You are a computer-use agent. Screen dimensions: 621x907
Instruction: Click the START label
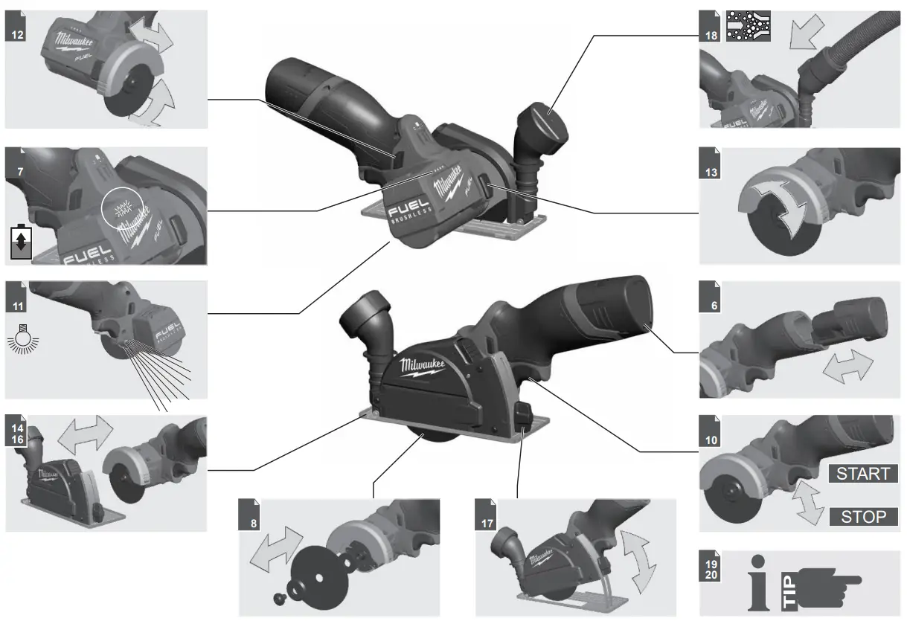[x=862, y=473]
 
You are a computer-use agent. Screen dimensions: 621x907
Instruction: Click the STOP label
[x=863, y=516]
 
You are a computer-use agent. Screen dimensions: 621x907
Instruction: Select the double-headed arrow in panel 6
[x=847, y=367]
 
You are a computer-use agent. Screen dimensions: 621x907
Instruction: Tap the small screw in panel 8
[x=281, y=597]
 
